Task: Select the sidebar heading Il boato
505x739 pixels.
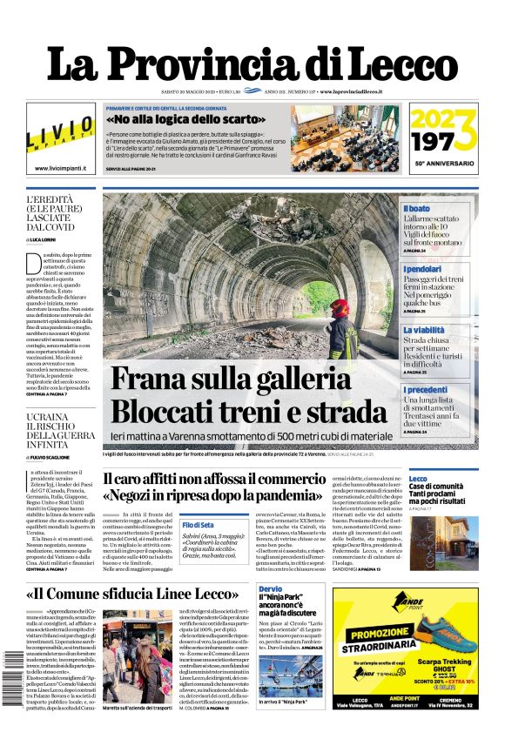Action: coord(417,209)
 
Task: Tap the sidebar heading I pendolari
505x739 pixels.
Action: coord(423,269)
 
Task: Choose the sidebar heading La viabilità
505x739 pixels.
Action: coord(424,331)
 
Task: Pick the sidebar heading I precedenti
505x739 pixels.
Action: coord(426,390)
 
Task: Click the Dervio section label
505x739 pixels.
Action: coord(270,589)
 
